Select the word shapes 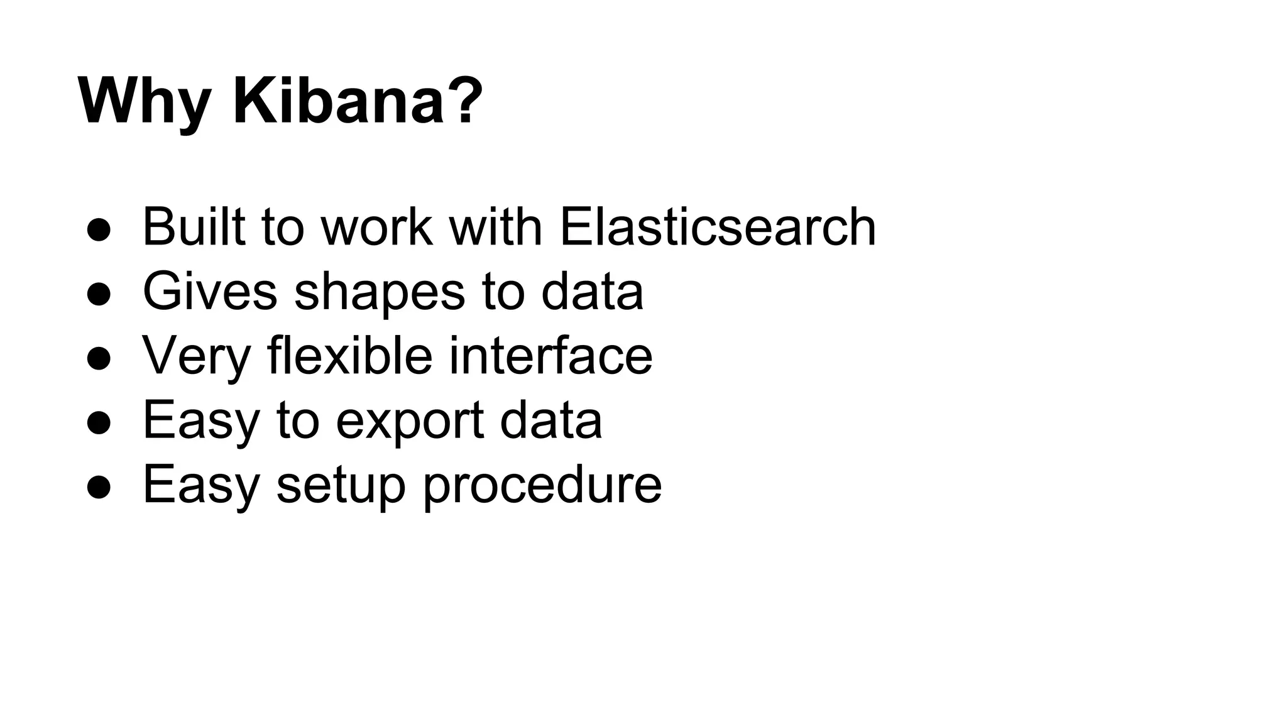click(x=380, y=292)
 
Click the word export click(x=410, y=421)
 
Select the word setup click(x=341, y=485)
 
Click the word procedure click(x=542, y=485)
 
